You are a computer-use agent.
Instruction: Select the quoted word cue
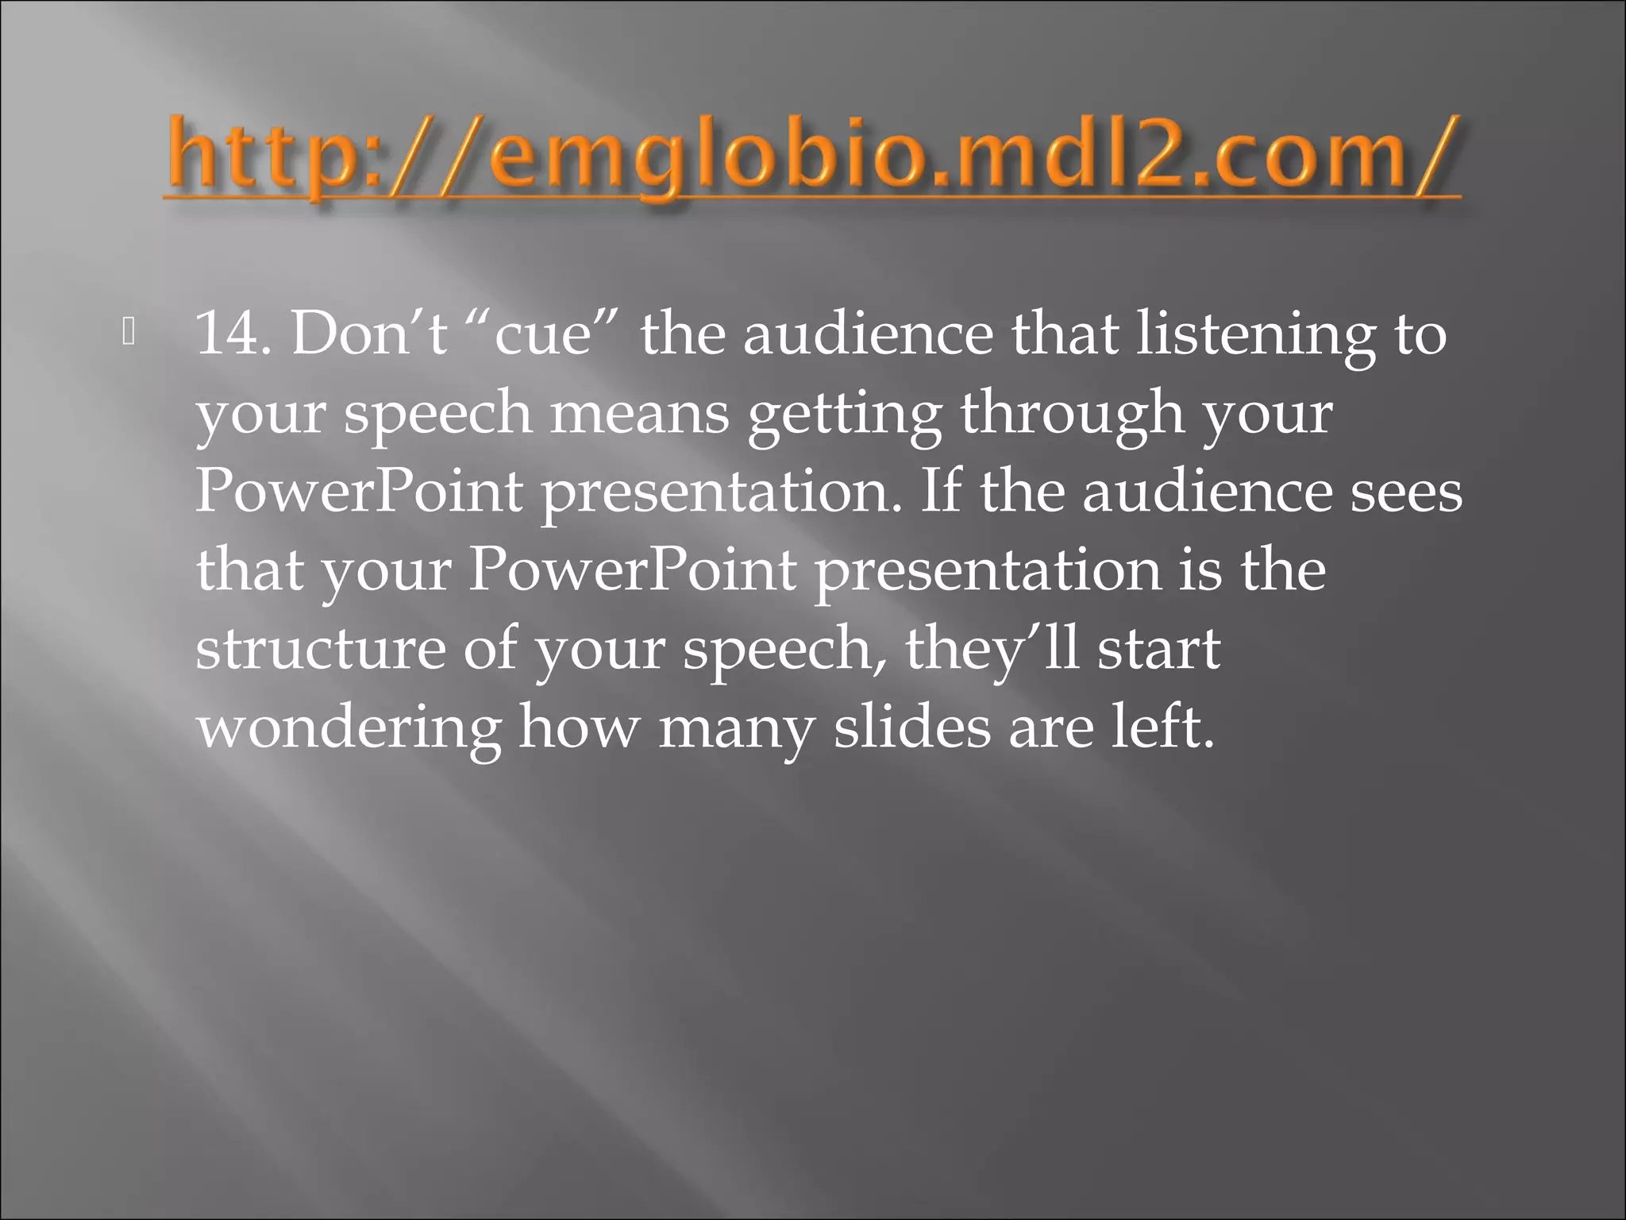tap(543, 334)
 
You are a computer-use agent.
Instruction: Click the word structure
tap(321, 649)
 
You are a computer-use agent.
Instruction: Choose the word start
tap(1158, 649)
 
